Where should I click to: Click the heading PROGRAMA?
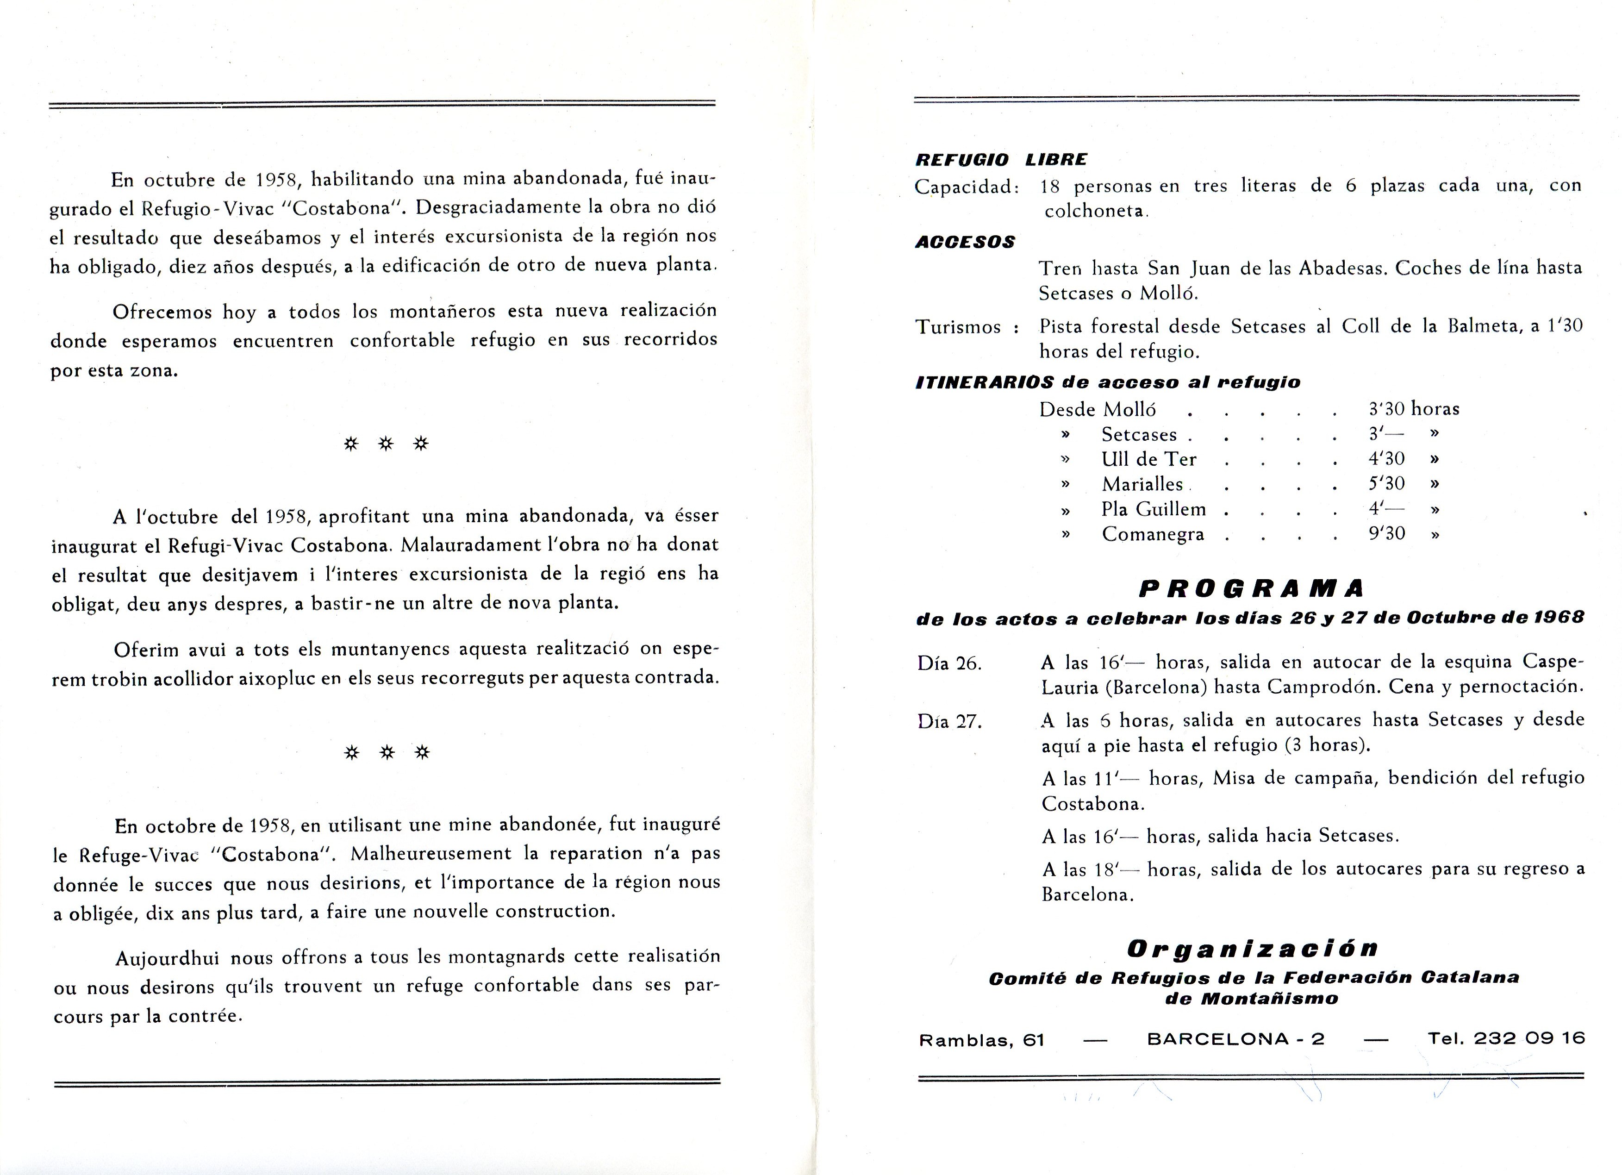coord(1250,588)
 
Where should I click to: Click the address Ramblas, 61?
coord(981,1040)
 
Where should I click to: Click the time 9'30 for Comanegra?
coord(1387,533)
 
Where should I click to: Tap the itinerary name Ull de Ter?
coord(1148,459)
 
